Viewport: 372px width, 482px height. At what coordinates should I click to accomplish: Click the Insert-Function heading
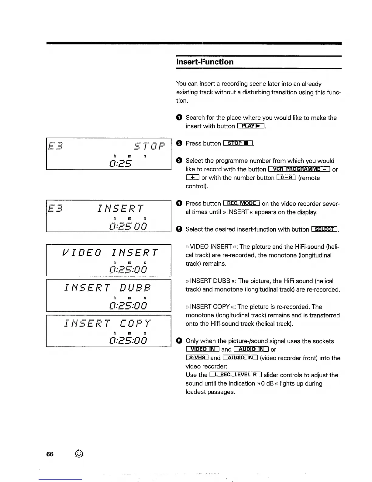205,62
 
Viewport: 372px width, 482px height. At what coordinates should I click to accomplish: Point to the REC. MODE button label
242,203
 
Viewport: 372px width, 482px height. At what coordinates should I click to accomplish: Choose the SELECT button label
325,229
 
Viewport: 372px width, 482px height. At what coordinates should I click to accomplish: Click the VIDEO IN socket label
202,349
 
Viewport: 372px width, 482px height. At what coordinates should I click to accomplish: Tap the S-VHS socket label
197,358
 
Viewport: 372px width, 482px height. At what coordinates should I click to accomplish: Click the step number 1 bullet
179,118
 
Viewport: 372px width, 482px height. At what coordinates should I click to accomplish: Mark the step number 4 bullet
179,203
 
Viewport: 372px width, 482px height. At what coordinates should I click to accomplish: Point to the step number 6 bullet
179,341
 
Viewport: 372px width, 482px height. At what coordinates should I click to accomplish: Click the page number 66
50,454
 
